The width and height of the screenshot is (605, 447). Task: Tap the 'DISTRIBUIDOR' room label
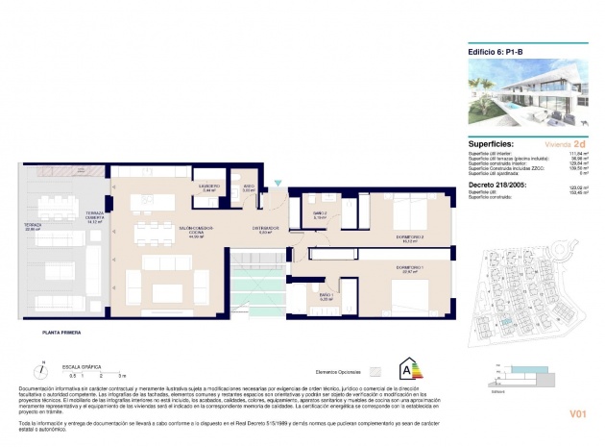click(x=266, y=228)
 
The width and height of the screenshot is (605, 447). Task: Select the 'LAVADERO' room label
click(x=209, y=186)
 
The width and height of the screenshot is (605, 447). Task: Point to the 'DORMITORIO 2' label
click(x=410, y=237)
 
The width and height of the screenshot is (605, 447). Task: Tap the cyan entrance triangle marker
click(x=278, y=183)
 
